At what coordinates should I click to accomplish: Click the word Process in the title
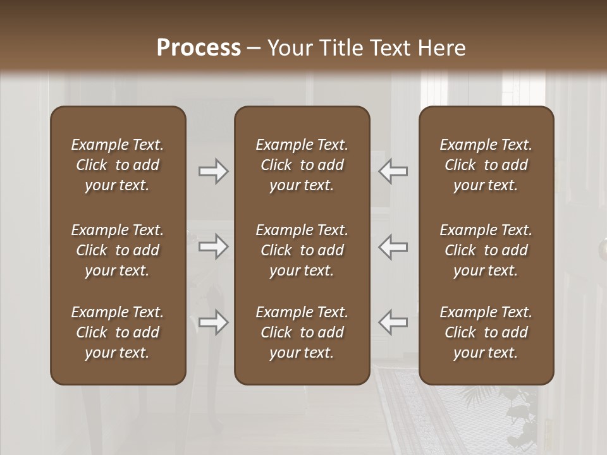[199, 47]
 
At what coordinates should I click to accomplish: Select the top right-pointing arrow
[214, 171]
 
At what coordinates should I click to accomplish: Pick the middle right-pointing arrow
[214, 246]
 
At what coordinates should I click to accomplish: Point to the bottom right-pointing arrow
[214, 322]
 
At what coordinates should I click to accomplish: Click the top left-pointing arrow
[393, 171]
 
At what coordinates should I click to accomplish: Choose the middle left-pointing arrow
[393, 246]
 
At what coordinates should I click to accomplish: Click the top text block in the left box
[118, 165]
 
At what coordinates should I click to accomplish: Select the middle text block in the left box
[118, 250]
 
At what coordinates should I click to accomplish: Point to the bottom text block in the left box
[118, 332]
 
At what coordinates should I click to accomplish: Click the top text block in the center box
[302, 165]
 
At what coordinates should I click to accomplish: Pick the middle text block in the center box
[302, 250]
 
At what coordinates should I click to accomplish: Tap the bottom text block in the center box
[302, 332]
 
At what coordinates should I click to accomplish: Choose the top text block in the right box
[486, 165]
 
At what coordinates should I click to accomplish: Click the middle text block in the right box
[486, 250]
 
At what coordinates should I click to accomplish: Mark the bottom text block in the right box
[486, 332]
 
